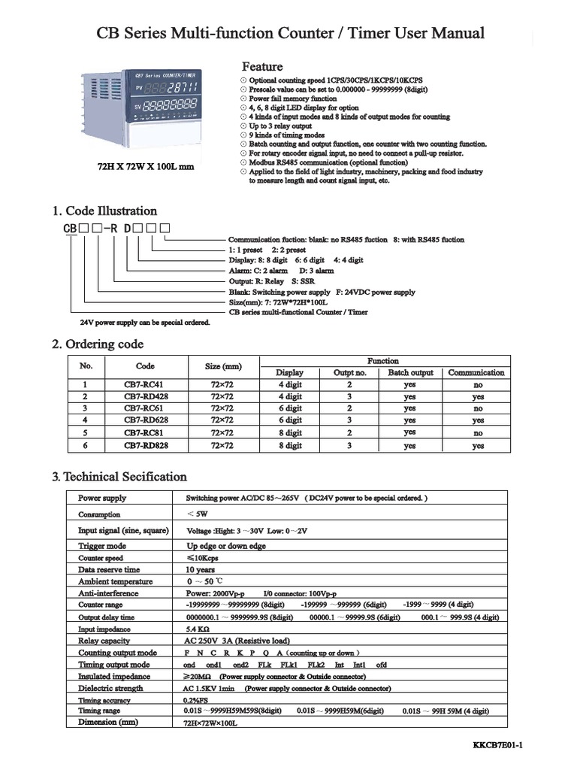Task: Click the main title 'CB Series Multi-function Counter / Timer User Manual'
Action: click(291, 33)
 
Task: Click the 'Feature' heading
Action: click(261, 67)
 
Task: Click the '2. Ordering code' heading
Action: click(98, 344)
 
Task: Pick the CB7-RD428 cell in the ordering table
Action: click(146, 396)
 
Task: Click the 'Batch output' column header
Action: click(410, 372)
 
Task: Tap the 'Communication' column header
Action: click(476, 372)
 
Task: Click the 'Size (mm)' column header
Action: click(223, 366)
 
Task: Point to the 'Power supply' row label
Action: click(102, 498)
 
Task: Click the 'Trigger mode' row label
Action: click(102, 546)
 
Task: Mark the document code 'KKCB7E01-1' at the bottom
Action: click(497, 744)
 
